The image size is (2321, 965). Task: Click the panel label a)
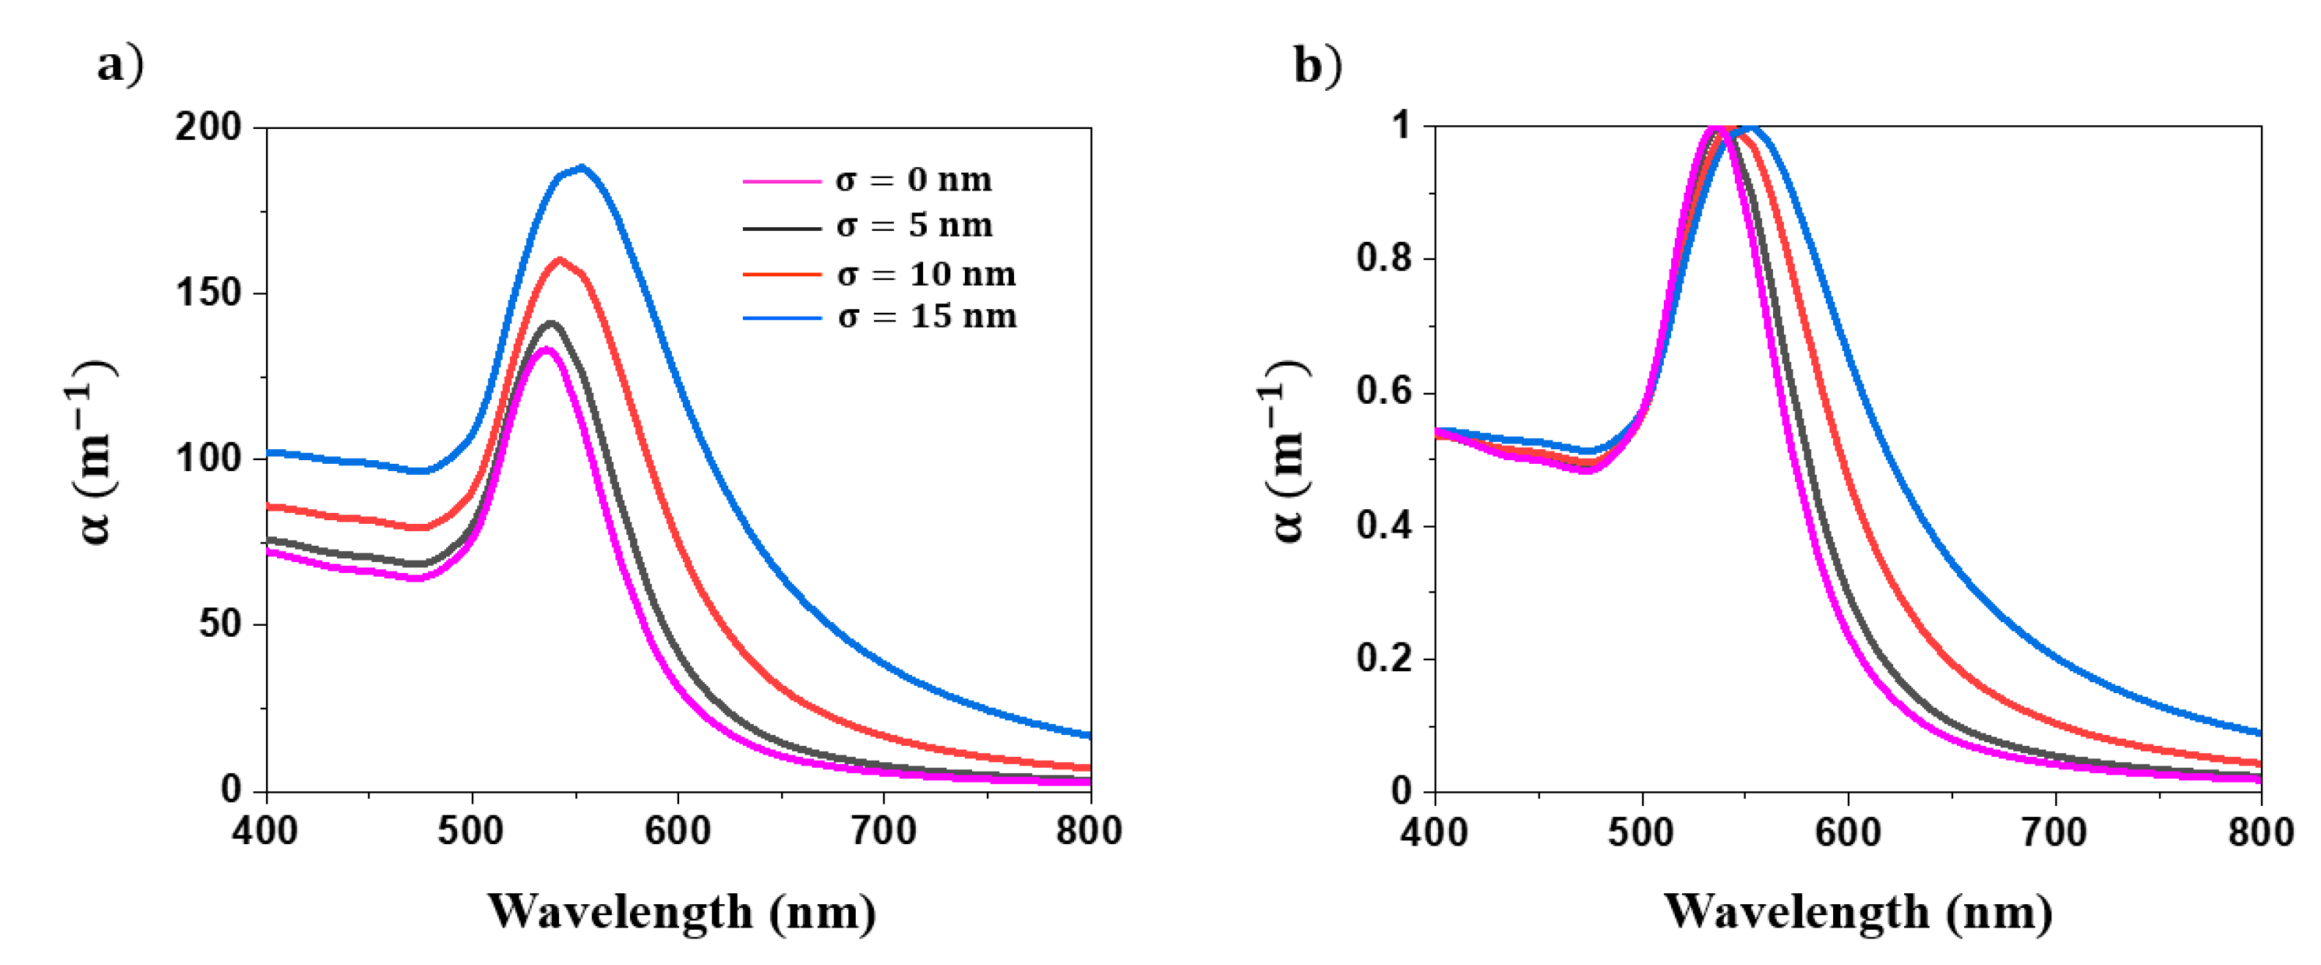tap(120, 65)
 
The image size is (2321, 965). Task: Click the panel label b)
tap(1317, 65)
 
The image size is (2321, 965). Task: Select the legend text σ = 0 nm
tap(913, 180)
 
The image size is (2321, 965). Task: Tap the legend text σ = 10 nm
tap(925, 274)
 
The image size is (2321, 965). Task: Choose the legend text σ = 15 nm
tap(926, 317)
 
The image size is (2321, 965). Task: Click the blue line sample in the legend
tap(781, 318)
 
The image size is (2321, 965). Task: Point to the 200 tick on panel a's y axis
tap(208, 127)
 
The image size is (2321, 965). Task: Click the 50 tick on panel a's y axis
tap(220, 624)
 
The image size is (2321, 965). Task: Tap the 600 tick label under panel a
tap(678, 831)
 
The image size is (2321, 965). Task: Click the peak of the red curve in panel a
tap(560, 259)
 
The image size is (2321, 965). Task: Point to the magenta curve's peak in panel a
tap(545, 349)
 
